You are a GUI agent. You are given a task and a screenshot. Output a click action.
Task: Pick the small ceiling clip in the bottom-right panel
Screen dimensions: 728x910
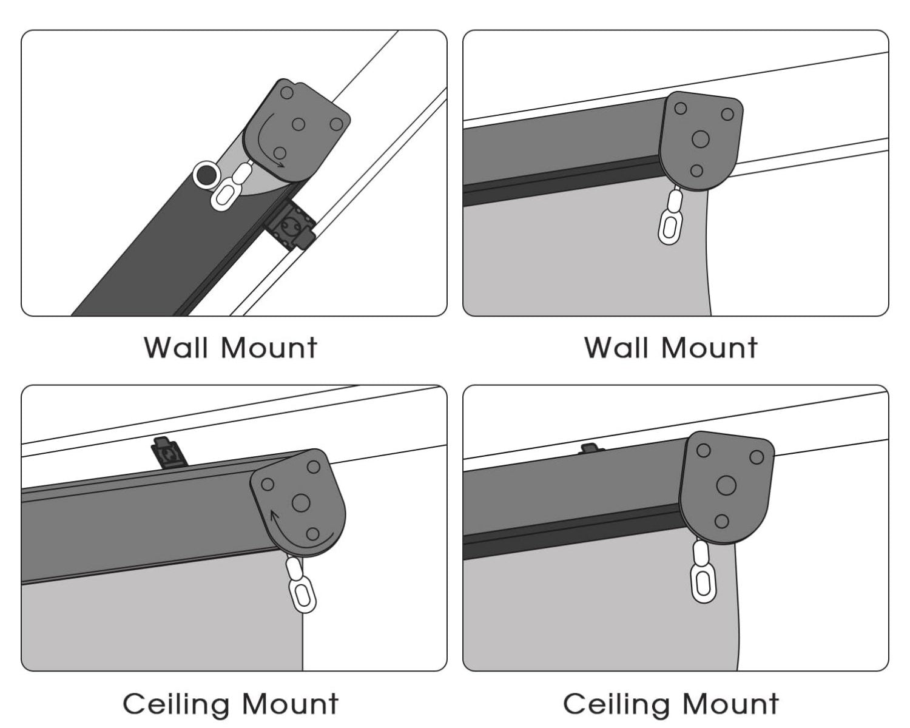[589, 448]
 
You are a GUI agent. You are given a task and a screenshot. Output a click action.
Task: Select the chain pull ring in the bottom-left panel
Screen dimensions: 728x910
[303, 596]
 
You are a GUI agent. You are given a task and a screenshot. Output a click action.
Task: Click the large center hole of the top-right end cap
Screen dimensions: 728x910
[700, 139]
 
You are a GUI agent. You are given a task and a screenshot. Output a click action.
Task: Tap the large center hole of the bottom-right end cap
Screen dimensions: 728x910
[726, 485]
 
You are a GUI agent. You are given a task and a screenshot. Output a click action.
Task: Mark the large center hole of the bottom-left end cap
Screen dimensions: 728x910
[301, 502]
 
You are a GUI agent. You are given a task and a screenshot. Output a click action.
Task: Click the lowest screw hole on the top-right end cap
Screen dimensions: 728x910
[696, 170]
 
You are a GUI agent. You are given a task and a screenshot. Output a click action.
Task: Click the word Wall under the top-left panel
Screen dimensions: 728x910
[178, 348]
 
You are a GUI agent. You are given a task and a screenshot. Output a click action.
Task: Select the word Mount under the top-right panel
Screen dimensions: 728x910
[709, 348]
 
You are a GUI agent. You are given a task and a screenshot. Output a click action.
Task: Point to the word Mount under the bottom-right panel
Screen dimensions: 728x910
[730, 704]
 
